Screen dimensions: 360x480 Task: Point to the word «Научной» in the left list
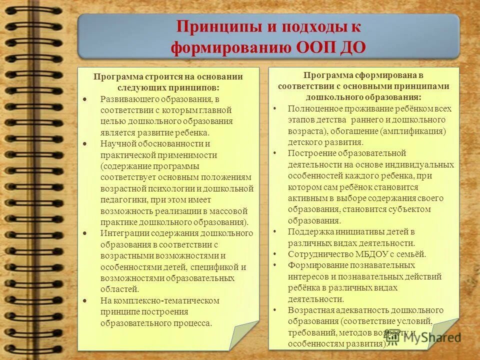(x=115, y=144)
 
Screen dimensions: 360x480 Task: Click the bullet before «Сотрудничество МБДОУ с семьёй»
(x=274, y=253)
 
